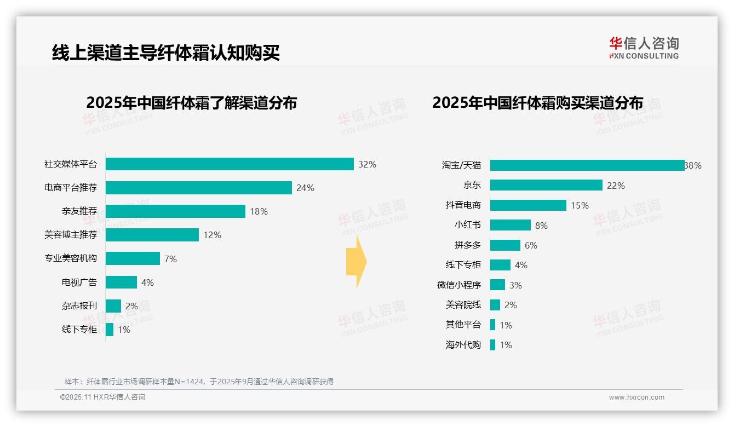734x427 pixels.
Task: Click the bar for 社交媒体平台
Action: pyautogui.click(x=230, y=164)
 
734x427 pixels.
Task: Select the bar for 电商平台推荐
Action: pyautogui.click(x=198, y=188)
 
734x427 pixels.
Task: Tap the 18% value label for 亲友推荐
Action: pyautogui.click(x=259, y=211)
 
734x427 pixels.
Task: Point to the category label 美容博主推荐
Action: pyautogui.click(x=71, y=235)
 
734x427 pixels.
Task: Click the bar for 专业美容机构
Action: pyautogui.click(x=133, y=258)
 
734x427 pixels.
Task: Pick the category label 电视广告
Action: pyautogui.click(x=79, y=282)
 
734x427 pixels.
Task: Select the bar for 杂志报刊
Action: pyautogui.click(x=113, y=306)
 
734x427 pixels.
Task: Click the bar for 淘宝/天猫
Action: pyautogui.click(x=587, y=165)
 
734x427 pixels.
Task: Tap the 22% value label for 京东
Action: pyautogui.click(x=616, y=186)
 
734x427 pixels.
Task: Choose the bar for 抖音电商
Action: pyautogui.click(x=528, y=205)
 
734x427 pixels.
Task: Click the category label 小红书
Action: pyautogui.click(x=468, y=225)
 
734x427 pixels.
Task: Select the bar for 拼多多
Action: pyautogui.click(x=505, y=245)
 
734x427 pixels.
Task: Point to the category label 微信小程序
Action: pyautogui.click(x=459, y=285)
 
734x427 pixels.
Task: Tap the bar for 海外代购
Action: pyautogui.click(x=493, y=345)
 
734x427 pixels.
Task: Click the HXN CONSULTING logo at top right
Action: pyautogui.click(x=644, y=48)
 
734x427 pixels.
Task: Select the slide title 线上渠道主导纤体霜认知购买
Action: pyautogui.click(x=166, y=53)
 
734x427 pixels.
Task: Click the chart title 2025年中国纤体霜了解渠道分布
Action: pyautogui.click(x=191, y=103)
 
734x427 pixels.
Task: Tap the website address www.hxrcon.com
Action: pyautogui.click(x=636, y=397)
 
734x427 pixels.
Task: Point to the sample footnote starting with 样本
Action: pyautogui.click(x=199, y=382)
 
